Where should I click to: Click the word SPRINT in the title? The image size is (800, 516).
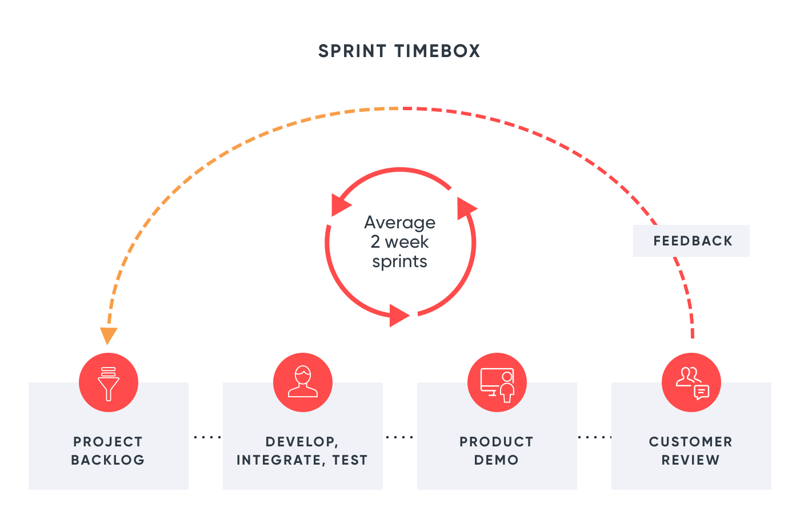[x=352, y=51]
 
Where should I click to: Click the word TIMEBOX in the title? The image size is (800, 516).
[x=437, y=51]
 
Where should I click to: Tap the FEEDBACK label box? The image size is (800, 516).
[x=691, y=241]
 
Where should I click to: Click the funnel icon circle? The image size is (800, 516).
[x=109, y=382]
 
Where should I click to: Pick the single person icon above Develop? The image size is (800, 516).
[x=303, y=382]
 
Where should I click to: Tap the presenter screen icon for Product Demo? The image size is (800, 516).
[x=497, y=382]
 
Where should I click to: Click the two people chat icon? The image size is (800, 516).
[x=691, y=382]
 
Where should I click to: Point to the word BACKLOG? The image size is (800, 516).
[x=108, y=460]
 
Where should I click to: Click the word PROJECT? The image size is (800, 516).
[x=108, y=442]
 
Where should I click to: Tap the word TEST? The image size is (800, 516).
[x=350, y=460]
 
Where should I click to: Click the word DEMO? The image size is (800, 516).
[x=497, y=460]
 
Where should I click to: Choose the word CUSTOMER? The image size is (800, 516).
[x=691, y=442]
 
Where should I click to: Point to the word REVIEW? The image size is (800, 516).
[x=691, y=460]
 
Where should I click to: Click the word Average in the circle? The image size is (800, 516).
[x=400, y=223]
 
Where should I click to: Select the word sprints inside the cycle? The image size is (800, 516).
[x=400, y=261]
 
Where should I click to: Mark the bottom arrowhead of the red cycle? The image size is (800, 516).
[x=399, y=315]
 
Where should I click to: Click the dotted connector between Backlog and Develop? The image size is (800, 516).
[x=207, y=437]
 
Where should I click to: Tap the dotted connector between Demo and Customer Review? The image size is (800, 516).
[x=594, y=437]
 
